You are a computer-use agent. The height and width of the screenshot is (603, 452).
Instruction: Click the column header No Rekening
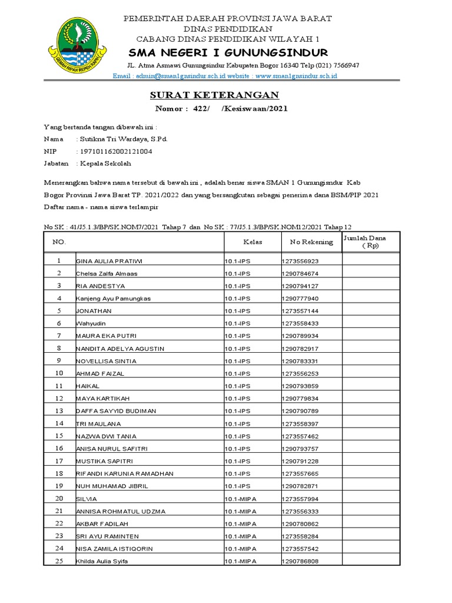click(x=303, y=242)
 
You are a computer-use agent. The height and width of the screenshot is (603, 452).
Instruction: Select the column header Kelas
click(x=252, y=242)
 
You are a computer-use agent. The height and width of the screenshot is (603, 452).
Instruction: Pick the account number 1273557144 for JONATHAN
click(x=300, y=311)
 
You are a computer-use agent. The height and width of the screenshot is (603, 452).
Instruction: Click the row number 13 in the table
click(x=59, y=410)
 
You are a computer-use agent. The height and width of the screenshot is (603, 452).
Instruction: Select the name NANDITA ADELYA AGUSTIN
click(x=120, y=349)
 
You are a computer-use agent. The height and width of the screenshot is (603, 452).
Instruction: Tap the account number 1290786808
click(x=300, y=561)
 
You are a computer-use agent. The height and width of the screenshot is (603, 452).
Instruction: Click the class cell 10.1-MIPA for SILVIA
click(x=241, y=499)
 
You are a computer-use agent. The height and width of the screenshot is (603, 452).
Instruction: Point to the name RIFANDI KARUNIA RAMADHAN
click(x=124, y=473)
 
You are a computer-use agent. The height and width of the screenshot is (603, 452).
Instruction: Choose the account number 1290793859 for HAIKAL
click(x=300, y=386)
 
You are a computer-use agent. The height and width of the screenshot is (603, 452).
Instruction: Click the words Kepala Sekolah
click(x=105, y=163)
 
